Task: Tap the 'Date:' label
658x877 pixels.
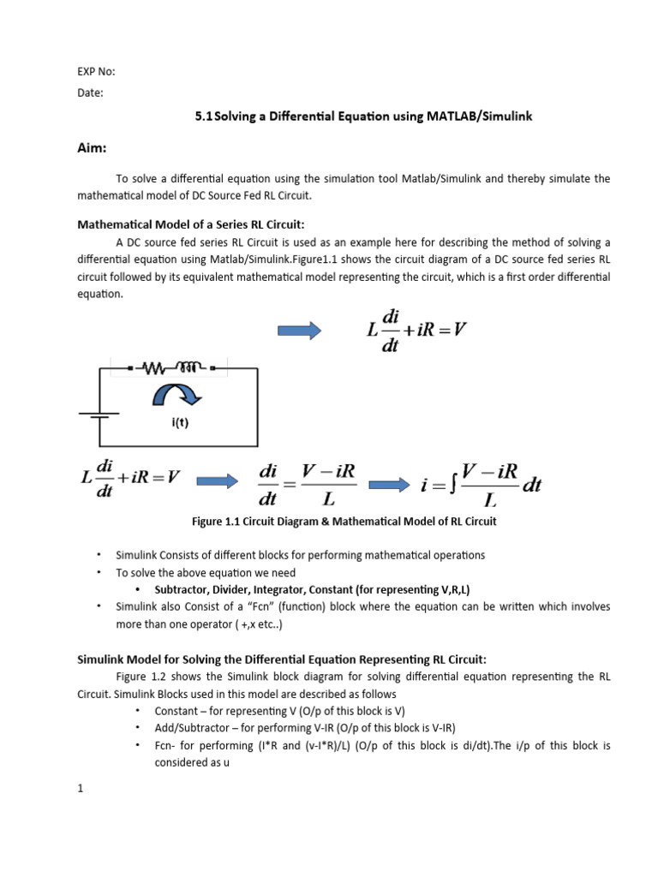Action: pos(89,93)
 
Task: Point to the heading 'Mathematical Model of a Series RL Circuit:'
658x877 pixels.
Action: pos(190,224)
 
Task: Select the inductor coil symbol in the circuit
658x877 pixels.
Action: pos(190,368)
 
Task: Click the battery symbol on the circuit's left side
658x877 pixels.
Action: pos(99,415)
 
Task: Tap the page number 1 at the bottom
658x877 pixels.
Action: pos(80,790)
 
